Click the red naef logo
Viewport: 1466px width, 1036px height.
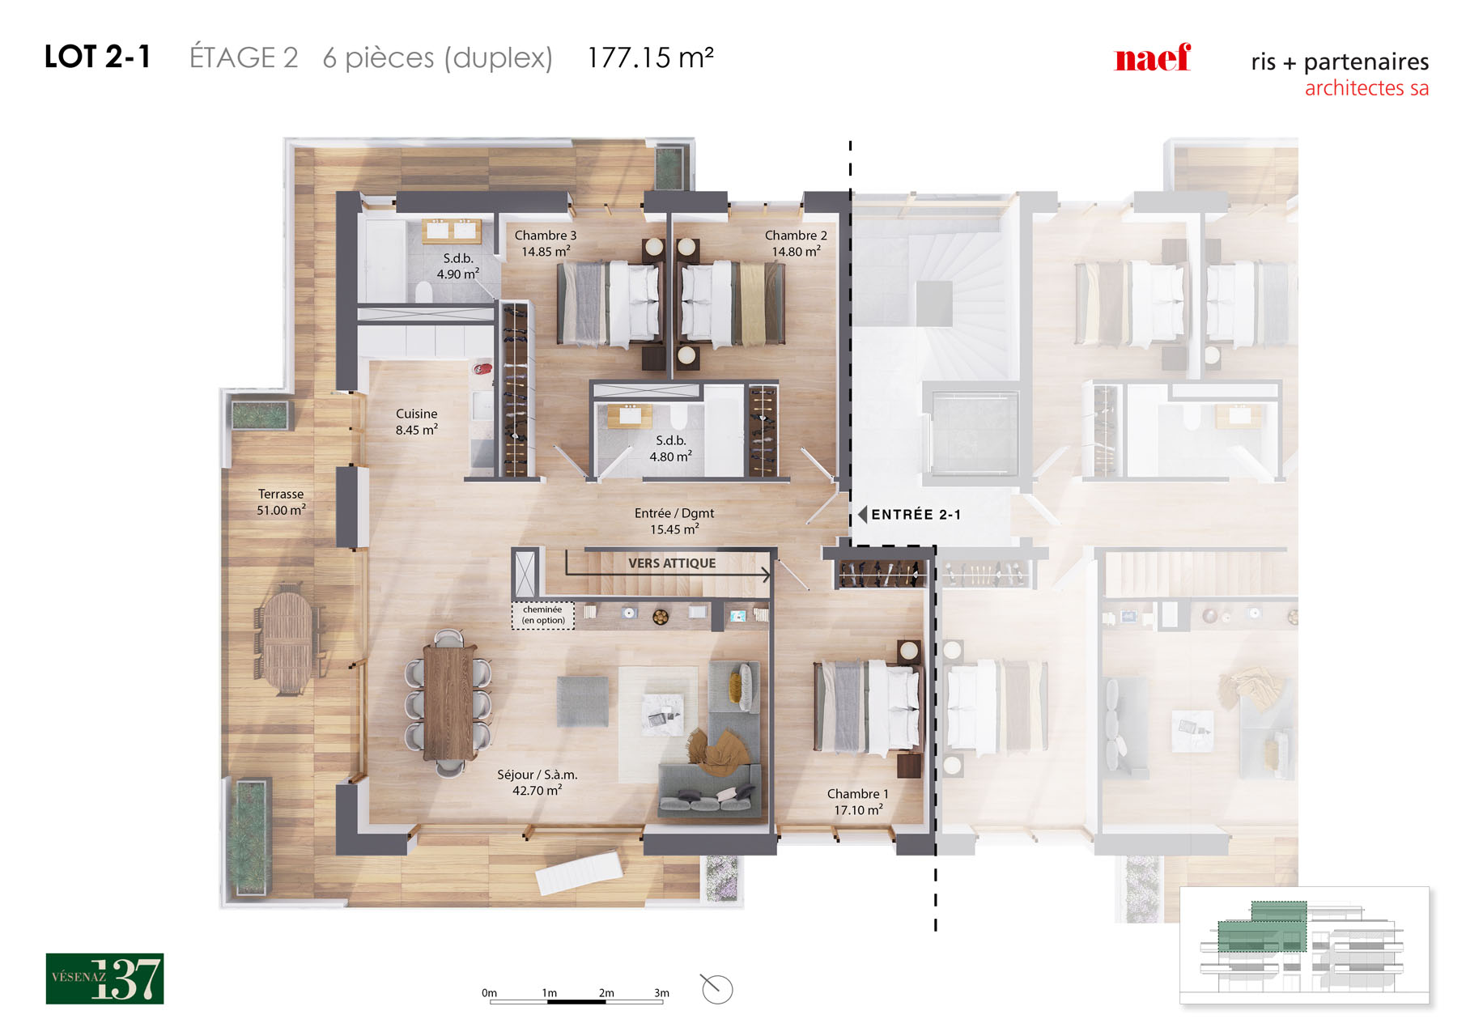click(1152, 57)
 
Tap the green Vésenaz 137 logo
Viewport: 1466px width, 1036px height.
click(104, 979)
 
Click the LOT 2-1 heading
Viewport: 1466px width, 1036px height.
click(97, 57)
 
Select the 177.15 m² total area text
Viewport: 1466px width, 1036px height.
click(650, 57)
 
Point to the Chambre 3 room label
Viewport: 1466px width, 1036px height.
click(546, 244)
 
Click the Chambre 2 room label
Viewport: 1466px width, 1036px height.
click(796, 244)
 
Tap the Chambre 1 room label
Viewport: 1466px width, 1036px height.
click(858, 802)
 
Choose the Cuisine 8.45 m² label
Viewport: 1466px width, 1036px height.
click(417, 422)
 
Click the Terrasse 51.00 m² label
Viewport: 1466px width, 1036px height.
click(281, 502)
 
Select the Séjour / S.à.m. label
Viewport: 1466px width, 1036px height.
click(537, 783)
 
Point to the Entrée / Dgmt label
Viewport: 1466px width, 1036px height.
click(674, 521)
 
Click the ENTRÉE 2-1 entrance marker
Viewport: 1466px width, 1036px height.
click(909, 515)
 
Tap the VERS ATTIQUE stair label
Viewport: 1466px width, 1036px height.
click(672, 563)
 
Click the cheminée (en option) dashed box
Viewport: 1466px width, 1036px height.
click(543, 615)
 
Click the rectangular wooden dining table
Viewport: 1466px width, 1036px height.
click(448, 702)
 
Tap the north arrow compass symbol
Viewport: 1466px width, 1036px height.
click(716, 988)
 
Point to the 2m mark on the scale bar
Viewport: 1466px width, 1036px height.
click(606, 993)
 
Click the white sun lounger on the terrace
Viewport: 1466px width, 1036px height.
click(580, 872)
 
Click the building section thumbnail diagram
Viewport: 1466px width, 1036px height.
click(1304, 945)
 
